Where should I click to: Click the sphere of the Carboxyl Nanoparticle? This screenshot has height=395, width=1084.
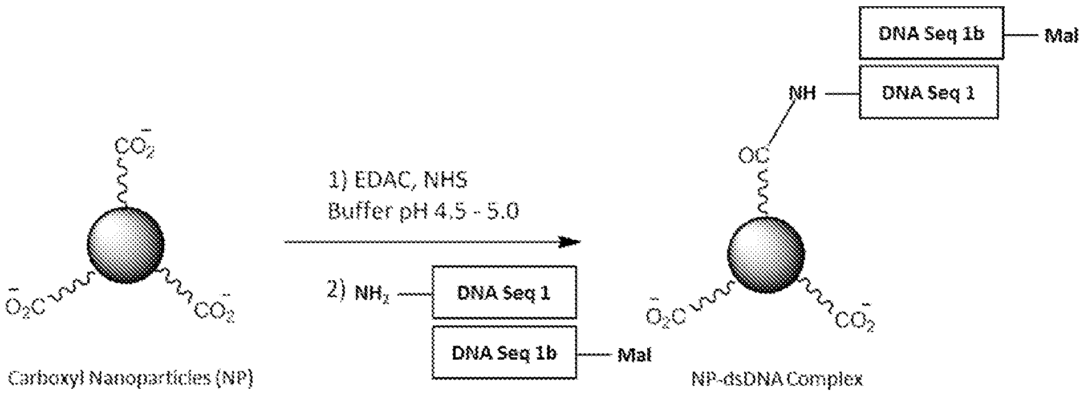[125, 245]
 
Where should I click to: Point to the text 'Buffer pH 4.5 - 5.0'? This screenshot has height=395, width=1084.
[423, 212]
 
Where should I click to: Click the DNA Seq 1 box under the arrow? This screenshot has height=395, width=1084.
[504, 292]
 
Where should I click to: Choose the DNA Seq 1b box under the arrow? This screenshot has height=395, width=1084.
[504, 353]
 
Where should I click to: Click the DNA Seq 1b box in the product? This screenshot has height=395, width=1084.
[931, 33]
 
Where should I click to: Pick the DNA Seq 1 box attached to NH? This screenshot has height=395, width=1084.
[928, 92]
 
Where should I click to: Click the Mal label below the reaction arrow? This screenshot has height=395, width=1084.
[634, 355]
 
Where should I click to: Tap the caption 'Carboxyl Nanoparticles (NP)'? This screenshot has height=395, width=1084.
[131, 378]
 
